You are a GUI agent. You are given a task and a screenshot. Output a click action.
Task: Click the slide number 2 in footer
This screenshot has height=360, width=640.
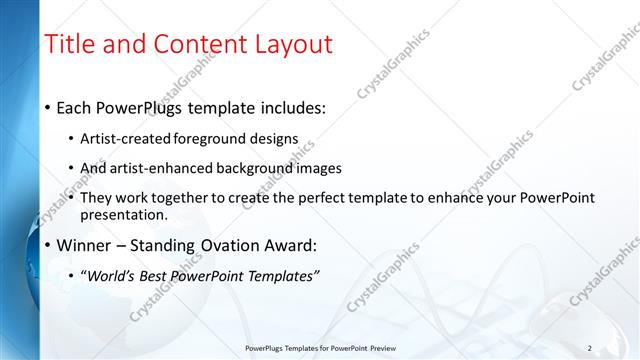[590, 348]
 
